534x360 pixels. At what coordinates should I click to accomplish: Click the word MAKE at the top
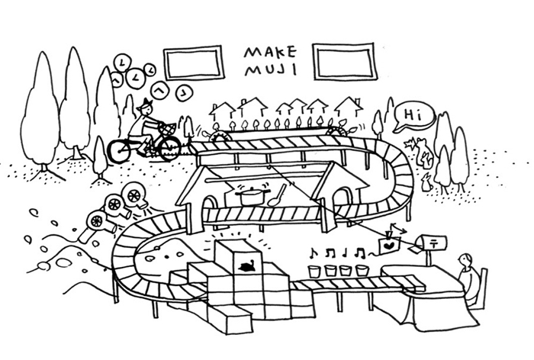270,52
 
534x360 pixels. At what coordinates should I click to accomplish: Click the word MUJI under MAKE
271,69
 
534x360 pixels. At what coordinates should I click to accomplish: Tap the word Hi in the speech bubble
413,115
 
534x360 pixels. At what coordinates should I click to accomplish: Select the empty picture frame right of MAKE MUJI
343,61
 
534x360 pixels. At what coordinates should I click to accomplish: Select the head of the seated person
465,261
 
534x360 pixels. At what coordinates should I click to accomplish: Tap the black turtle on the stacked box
246,265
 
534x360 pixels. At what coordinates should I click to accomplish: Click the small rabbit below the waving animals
426,182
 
